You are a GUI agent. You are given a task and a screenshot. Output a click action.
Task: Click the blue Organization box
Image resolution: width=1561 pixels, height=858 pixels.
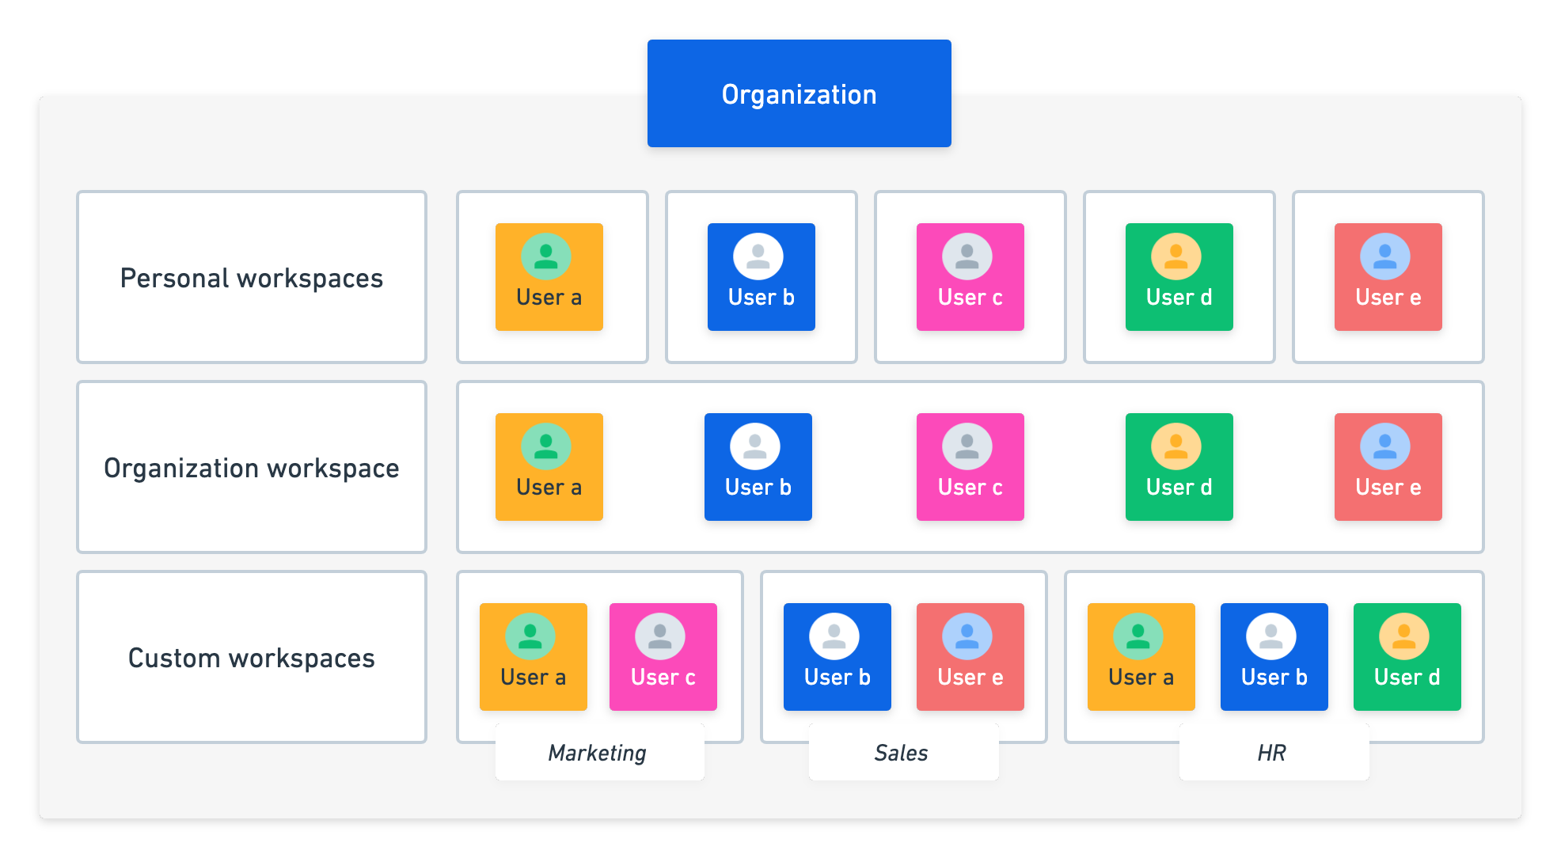click(x=799, y=93)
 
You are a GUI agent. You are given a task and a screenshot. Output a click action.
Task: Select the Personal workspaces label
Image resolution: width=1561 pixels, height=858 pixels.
click(x=252, y=278)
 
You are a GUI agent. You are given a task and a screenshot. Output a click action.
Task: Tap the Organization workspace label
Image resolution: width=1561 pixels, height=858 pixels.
click(x=252, y=468)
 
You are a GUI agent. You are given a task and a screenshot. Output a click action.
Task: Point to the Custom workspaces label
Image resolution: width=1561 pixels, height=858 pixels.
click(x=252, y=658)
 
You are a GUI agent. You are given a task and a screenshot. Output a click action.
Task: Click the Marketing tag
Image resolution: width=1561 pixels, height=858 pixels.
click(x=598, y=753)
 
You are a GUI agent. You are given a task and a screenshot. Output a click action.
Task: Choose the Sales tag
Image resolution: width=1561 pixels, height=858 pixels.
click(x=902, y=753)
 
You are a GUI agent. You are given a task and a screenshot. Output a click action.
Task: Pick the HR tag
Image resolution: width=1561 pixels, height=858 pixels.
click(x=1273, y=753)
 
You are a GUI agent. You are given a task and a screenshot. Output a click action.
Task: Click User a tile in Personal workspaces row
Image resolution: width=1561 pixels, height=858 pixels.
click(x=549, y=277)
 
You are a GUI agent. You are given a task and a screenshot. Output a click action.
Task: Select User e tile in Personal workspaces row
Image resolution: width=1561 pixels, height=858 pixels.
click(x=1388, y=277)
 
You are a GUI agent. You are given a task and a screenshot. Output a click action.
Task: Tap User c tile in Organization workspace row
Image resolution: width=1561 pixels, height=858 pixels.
click(x=970, y=467)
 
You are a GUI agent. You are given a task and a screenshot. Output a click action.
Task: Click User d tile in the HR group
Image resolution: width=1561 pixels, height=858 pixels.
click(x=1407, y=657)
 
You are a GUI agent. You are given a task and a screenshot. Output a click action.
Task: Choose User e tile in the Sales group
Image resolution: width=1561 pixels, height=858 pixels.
click(x=970, y=657)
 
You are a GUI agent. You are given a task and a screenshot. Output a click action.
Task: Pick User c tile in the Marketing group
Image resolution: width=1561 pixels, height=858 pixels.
click(x=663, y=657)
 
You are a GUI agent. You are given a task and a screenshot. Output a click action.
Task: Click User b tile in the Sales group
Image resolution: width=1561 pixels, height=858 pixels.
click(x=837, y=657)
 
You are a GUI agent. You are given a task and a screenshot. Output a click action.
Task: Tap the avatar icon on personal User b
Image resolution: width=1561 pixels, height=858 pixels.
click(x=758, y=256)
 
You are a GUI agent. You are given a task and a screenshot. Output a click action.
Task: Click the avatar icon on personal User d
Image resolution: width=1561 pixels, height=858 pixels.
click(x=1176, y=256)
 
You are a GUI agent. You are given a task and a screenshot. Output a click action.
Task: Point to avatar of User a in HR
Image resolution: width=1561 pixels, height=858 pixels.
click(x=1138, y=636)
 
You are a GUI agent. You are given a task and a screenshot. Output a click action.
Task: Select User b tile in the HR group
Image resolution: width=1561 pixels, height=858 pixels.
click(x=1274, y=657)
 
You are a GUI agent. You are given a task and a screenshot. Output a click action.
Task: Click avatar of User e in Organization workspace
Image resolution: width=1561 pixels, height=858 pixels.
click(x=1385, y=446)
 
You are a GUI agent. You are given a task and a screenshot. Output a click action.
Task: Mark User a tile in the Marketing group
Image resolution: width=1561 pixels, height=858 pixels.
click(x=533, y=657)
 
